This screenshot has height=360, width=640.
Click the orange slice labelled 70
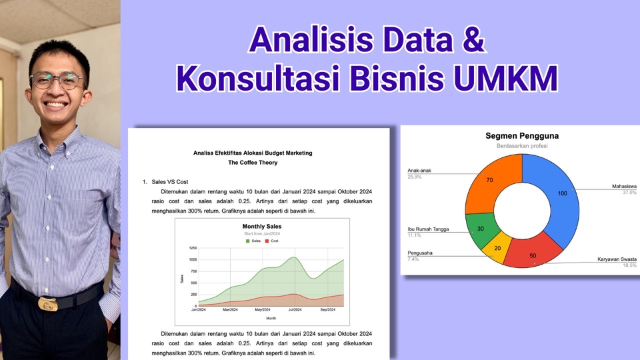click(x=489, y=181)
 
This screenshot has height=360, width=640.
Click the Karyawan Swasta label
click(x=616, y=259)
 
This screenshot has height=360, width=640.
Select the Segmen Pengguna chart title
click(x=522, y=136)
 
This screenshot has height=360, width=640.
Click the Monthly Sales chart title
click(x=261, y=227)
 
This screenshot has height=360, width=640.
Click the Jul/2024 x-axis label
click(x=293, y=310)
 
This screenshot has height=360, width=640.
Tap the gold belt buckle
click(x=48, y=304)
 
